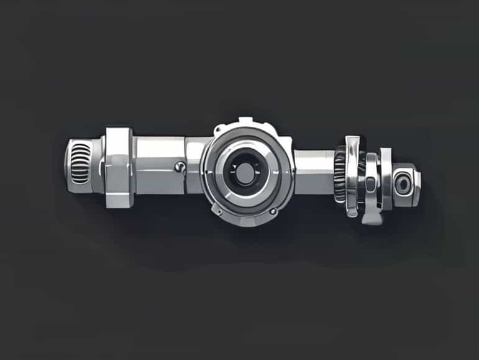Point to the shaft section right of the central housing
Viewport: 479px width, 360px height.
313,171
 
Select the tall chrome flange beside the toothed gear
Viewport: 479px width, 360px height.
353,176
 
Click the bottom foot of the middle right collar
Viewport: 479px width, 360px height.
372,218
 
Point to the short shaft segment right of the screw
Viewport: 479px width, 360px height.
193,165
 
